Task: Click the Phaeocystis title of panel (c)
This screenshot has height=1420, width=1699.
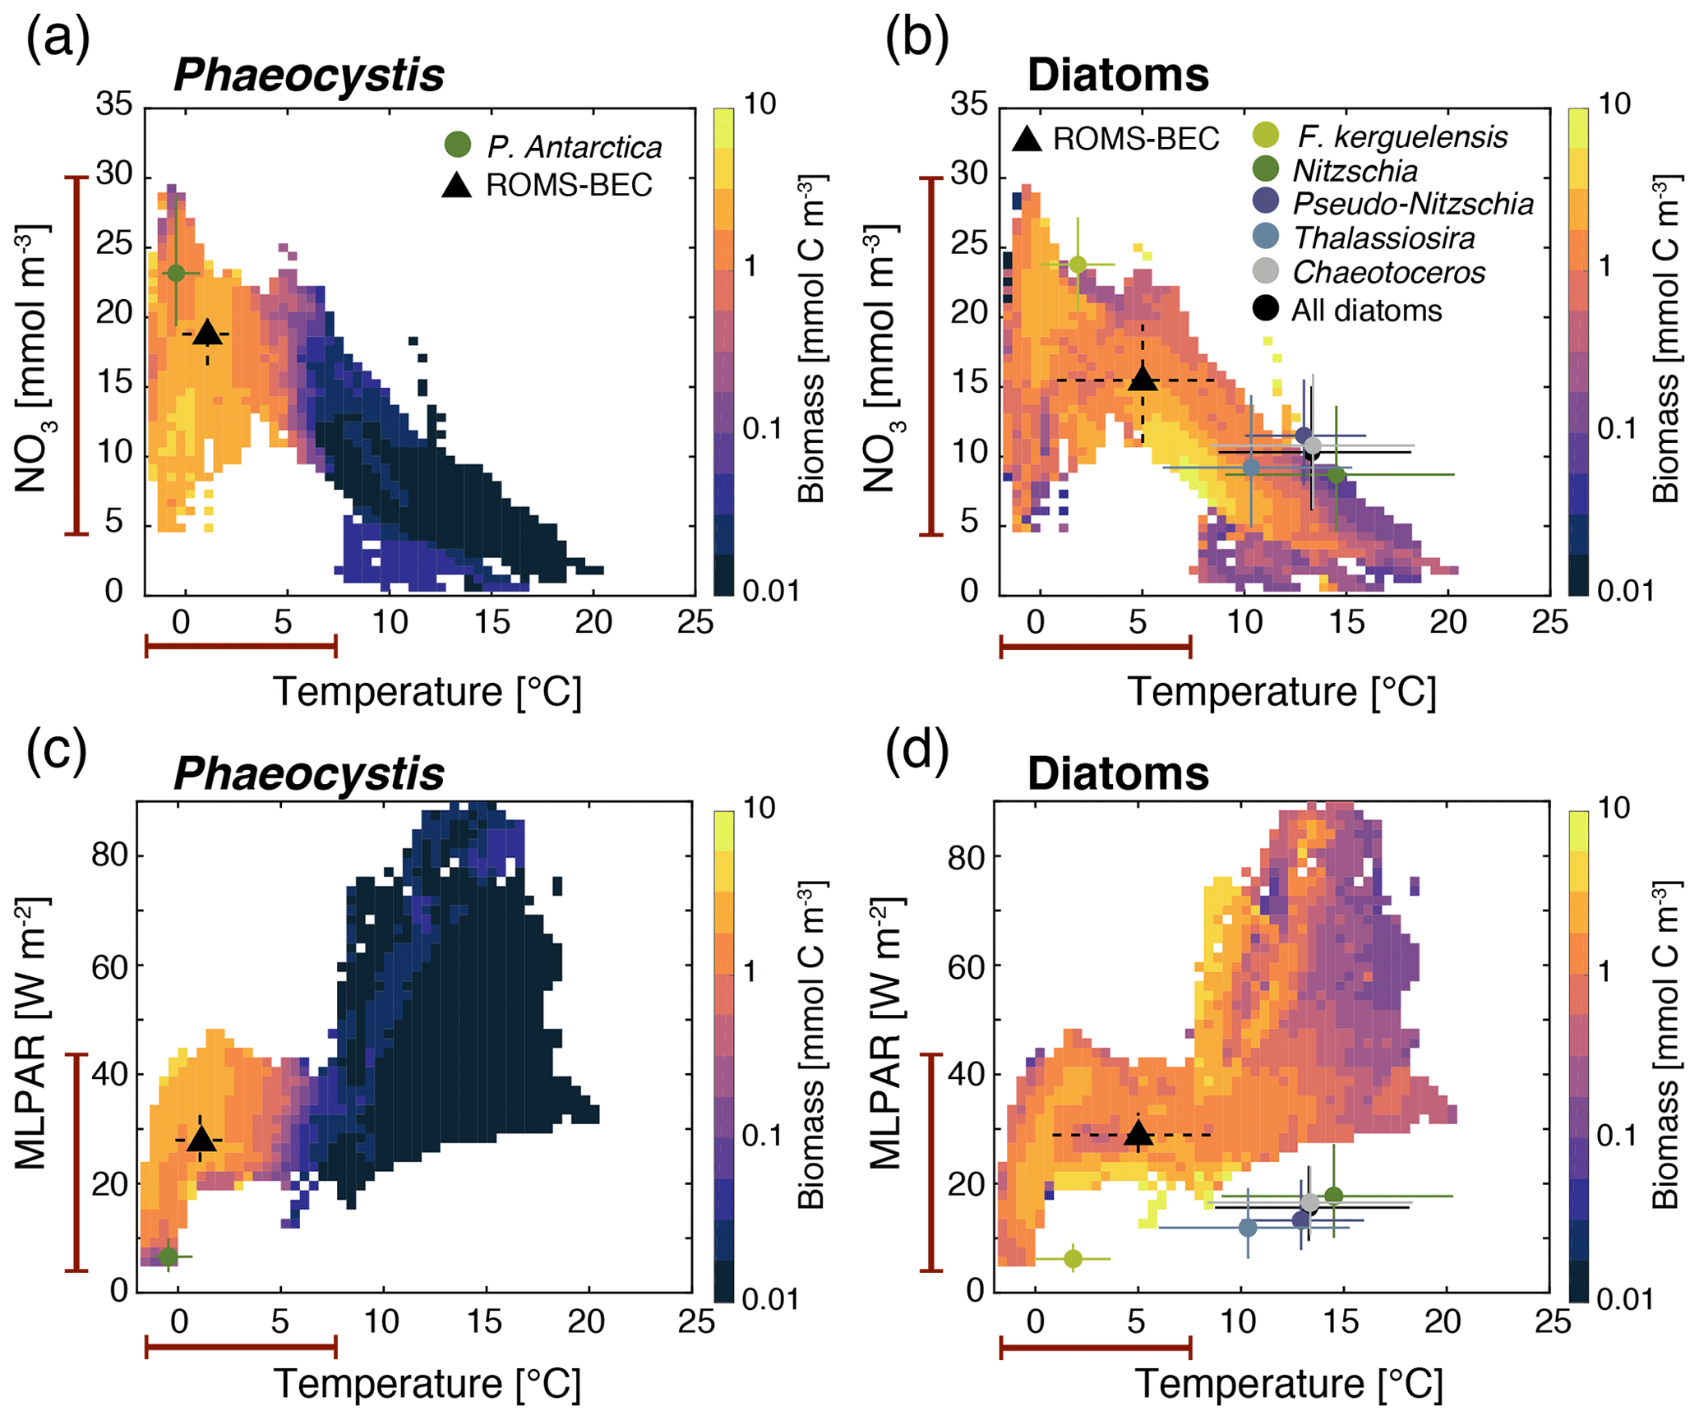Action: click(x=309, y=774)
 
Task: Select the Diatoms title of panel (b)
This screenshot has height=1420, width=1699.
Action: click(x=1118, y=76)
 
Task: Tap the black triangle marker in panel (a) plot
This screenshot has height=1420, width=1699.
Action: click(x=207, y=334)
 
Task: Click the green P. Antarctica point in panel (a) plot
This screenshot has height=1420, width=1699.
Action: click(x=176, y=273)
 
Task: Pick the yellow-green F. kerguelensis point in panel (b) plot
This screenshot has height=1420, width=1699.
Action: click(x=1078, y=265)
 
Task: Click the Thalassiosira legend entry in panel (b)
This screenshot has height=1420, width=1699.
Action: click(x=1383, y=238)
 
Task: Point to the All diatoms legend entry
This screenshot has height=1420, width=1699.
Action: click(x=1366, y=311)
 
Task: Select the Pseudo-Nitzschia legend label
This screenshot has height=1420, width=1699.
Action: click(x=1413, y=204)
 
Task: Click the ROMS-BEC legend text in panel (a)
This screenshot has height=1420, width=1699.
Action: click(x=569, y=186)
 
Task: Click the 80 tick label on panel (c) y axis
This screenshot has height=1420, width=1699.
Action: click(x=109, y=855)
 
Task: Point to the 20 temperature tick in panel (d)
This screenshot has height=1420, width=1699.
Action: click(x=1443, y=1322)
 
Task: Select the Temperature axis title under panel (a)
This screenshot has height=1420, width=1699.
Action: click(x=427, y=692)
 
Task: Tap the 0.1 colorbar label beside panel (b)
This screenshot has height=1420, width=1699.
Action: click(x=1616, y=429)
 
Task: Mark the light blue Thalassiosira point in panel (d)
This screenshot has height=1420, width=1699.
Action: click(x=1248, y=1228)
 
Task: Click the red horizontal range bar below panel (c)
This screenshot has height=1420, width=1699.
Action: click(x=241, y=1347)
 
